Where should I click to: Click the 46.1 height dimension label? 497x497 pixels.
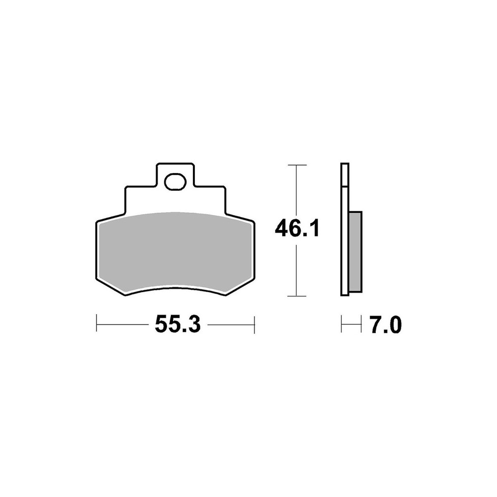pos(297,229)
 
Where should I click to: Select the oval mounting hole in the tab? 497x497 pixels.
pos(175,181)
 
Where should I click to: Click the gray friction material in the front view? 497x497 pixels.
pos(175,250)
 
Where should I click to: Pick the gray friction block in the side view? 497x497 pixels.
pos(355,251)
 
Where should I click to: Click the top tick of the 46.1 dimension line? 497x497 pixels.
pos(297,165)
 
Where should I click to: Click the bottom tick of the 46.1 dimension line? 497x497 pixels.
pos(297,296)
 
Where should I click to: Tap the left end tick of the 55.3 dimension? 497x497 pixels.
pos(97,324)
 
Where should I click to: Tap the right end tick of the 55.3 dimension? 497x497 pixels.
pos(254,324)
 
